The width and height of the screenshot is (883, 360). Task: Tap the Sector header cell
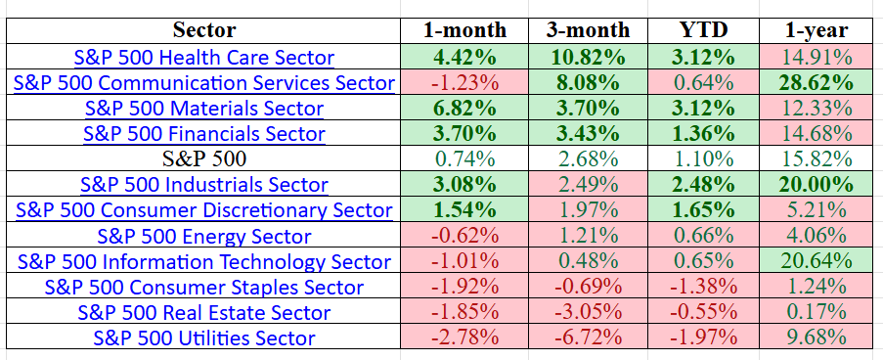click(204, 31)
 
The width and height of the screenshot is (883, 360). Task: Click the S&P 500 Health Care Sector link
click(204, 58)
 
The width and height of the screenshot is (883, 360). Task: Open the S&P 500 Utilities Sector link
click(204, 337)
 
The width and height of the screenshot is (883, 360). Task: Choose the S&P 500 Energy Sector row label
click(204, 236)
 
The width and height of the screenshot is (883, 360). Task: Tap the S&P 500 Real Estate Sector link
click(204, 312)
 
